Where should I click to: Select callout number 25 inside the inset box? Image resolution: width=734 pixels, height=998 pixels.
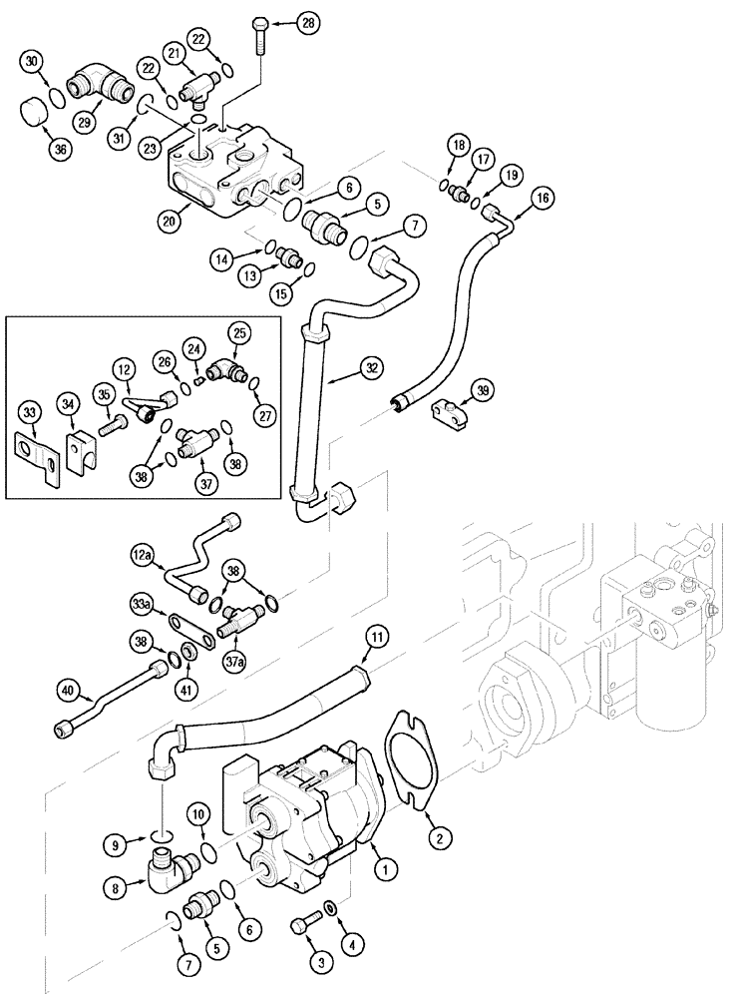[238, 332]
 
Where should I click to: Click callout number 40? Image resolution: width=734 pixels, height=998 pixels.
[68, 688]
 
